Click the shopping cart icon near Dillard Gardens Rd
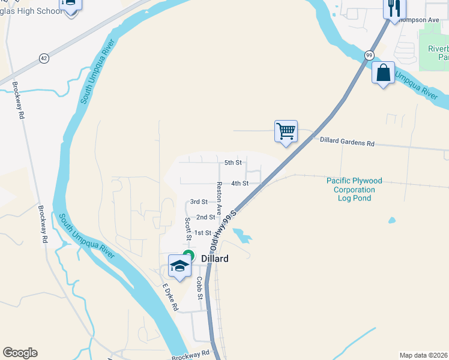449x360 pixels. (286, 131)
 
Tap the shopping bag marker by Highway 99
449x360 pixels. (383, 73)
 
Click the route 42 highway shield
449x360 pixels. (44, 58)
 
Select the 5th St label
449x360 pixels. (233, 163)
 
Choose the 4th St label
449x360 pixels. (240, 184)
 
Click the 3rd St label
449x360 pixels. (199, 202)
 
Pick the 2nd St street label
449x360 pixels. (205, 217)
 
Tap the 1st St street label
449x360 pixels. (203, 233)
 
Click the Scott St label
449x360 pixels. (188, 229)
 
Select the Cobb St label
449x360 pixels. (200, 288)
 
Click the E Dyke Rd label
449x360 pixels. (170, 297)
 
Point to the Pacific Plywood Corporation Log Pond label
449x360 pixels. (354, 189)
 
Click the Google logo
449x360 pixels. (20, 353)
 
